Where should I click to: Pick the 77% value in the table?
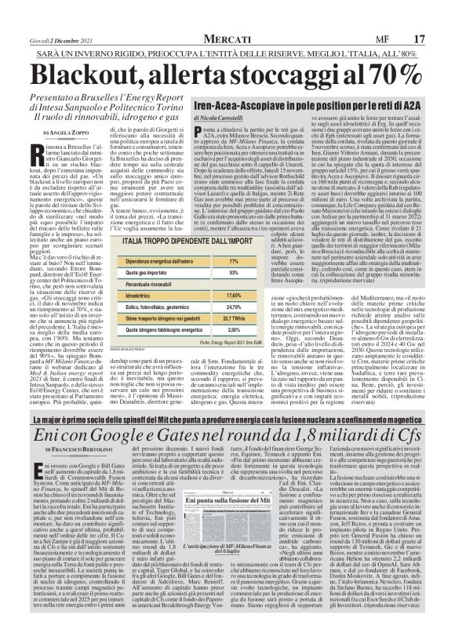tap(232, 260)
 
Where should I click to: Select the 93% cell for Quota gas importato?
tap(232, 272)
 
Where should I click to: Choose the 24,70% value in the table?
tap(232, 307)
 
